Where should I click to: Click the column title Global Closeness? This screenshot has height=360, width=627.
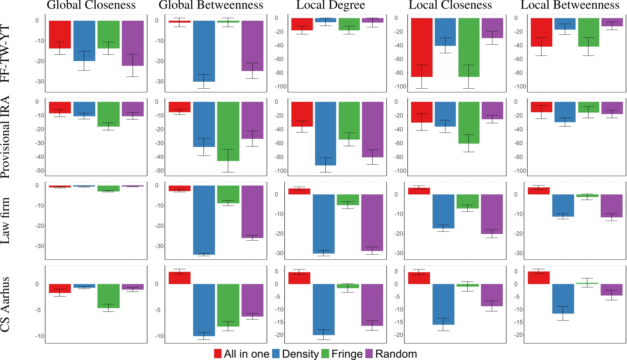[91, 5]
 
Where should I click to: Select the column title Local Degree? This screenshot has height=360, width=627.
[331, 5]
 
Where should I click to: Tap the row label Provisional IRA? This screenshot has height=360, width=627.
[5, 137]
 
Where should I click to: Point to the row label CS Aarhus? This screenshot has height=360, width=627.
[5, 304]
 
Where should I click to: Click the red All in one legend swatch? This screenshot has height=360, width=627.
[218, 354]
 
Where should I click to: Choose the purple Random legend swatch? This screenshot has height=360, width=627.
[369, 354]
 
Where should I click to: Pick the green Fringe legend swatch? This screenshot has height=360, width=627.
[325, 354]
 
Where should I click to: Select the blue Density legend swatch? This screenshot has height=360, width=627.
[276, 354]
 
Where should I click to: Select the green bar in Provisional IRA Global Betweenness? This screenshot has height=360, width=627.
[228, 131]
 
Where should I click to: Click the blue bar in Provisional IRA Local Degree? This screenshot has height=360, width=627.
[325, 133]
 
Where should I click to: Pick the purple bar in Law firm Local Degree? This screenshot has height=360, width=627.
[372, 223]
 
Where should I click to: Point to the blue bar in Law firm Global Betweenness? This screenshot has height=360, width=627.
[204, 220]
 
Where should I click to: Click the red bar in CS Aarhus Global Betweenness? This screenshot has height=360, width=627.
[180, 278]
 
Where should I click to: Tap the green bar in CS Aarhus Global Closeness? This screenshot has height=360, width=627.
[108, 296]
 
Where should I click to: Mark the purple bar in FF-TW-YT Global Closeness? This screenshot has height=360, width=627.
[133, 43]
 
